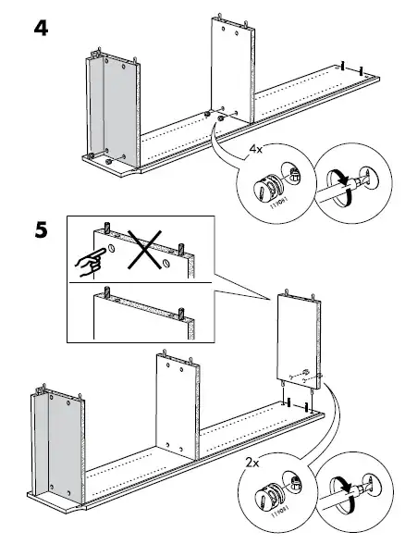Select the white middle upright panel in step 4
pyautogui.click(x=227, y=69)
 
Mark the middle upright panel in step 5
pyautogui.click(x=174, y=408)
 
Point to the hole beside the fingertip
pyautogui.click(x=110, y=250)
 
